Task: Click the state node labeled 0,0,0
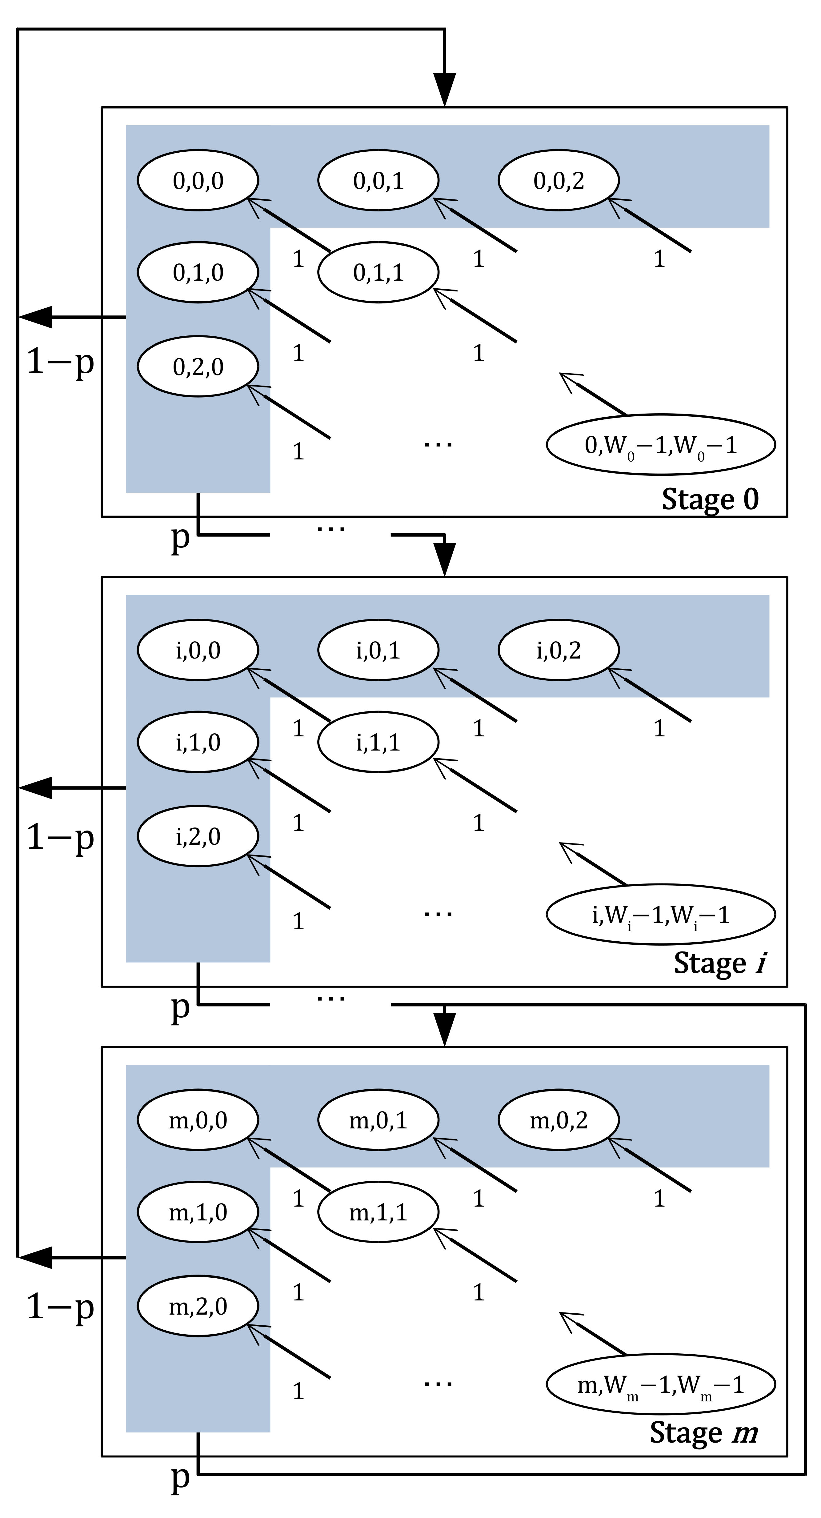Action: click(198, 180)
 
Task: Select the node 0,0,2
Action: click(558, 180)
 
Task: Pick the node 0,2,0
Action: click(198, 366)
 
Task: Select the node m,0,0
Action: click(198, 1119)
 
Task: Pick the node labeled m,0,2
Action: click(558, 1119)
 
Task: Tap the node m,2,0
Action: click(198, 1306)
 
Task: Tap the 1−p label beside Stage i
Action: click(60, 837)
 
